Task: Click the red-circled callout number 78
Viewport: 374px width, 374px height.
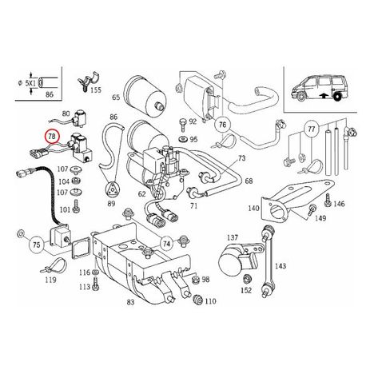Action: [53, 137]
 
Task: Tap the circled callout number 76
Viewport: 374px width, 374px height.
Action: [222, 125]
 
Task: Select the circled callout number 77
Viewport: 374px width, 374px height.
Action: [311, 129]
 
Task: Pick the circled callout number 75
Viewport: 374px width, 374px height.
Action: [36, 244]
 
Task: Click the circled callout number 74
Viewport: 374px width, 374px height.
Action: [166, 244]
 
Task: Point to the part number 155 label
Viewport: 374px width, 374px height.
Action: [96, 90]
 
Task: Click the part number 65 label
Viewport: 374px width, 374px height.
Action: [116, 97]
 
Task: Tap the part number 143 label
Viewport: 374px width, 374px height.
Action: [280, 266]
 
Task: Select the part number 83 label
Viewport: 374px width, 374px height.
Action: [130, 302]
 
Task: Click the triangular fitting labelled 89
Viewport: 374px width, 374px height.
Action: [112, 189]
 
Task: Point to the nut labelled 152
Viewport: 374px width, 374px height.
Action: [246, 279]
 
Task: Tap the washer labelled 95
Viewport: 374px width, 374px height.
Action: [183, 139]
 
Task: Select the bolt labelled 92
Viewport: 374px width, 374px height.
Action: [184, 124]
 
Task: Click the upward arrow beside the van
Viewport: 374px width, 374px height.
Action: [324, 96]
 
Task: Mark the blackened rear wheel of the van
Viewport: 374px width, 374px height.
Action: [337, 97]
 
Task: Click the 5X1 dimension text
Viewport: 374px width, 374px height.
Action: [30, 83]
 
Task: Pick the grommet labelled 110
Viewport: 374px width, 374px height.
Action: [197, 299]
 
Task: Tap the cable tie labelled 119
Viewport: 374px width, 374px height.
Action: [53, 265]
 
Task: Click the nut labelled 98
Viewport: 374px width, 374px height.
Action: [196, 280]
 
